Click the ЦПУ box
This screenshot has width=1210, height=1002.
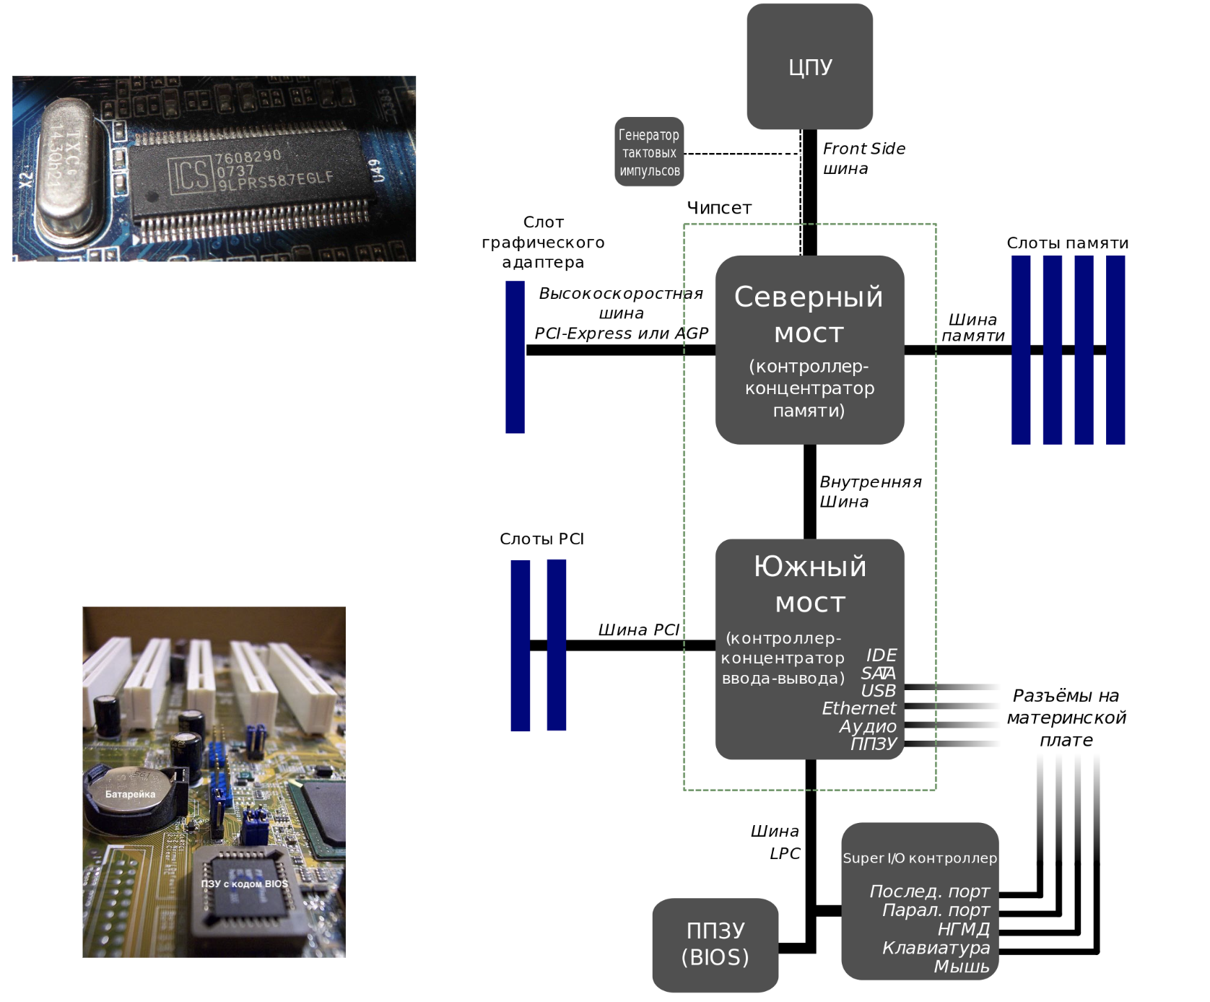click(809, 66)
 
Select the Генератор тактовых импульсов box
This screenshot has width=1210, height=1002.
click(649, 152)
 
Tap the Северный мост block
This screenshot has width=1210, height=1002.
click(809, 350)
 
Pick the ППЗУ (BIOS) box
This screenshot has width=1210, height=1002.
click(715, 944)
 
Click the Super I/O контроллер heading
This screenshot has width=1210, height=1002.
click(919, 858)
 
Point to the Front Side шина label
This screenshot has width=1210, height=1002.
click(863, 158)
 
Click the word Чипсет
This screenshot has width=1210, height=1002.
click(719, 208)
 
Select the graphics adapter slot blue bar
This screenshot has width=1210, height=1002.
click(515, 357)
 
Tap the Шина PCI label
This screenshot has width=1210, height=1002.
click(638, 629)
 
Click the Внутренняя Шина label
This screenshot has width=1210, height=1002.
click(869, 492)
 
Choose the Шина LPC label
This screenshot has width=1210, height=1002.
click(776, 842)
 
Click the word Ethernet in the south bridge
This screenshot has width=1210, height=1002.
click(858, 708)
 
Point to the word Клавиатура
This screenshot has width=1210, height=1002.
click(936, 947)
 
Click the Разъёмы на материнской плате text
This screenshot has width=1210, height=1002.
click(1066, 718)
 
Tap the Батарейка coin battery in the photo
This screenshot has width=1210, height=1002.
click(130, 795)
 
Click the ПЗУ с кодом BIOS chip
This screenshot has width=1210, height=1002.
click(244, 884)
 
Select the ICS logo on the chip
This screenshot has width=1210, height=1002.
click(191, 174)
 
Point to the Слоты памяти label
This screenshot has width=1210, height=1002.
click(1067, 243)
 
